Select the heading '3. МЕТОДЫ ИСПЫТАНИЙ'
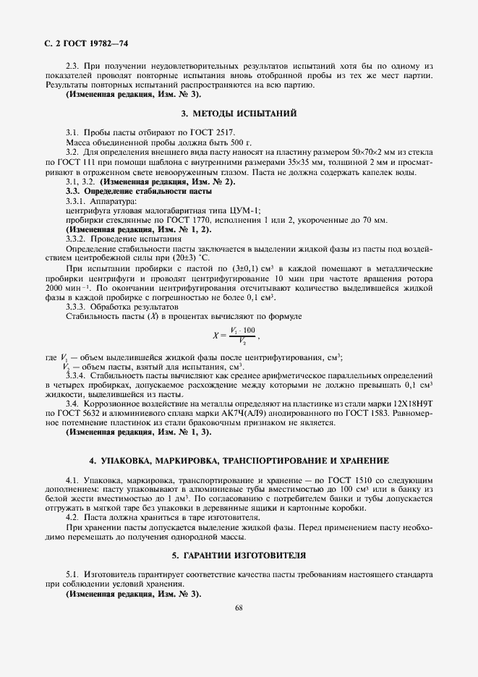(x=239, y=114)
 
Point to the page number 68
(x=239, y=608)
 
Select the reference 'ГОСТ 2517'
(x=171, y=134)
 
